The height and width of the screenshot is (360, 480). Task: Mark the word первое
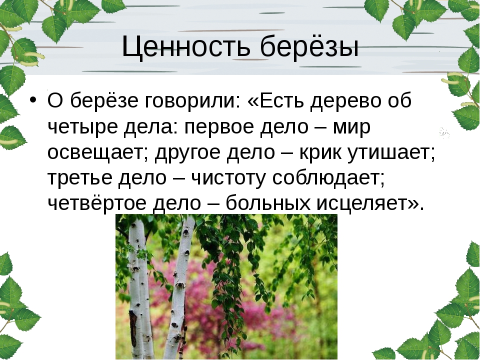point(219,126)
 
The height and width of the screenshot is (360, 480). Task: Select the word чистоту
point(228,177)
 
